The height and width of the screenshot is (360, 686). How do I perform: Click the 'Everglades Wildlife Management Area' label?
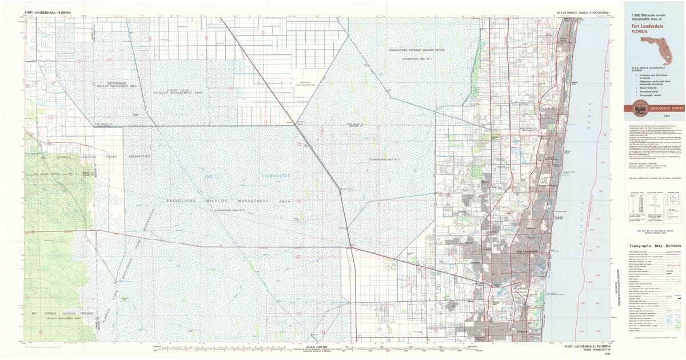point(229,201)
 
